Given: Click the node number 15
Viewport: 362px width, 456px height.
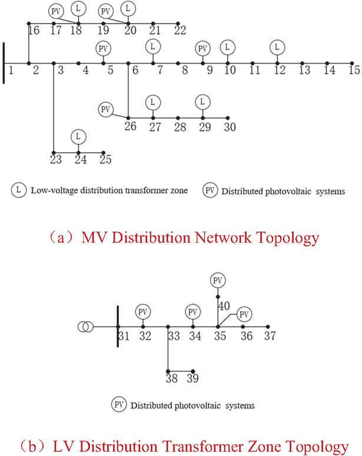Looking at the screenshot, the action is [354, 70].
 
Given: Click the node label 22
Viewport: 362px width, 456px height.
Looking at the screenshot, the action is [180, 30].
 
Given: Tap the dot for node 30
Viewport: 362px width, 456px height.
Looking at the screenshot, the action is [228, 118].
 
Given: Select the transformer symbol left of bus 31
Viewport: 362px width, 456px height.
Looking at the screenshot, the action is [86, 327].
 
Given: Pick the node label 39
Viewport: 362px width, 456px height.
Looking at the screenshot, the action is [192, 378].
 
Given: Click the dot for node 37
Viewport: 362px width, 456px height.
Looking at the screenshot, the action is [268, 327].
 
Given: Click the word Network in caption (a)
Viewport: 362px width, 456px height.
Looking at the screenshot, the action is [223, 237].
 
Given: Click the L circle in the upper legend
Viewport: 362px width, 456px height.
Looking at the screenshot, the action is [19, 190].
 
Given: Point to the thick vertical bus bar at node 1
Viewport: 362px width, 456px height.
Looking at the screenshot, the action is [4, 63].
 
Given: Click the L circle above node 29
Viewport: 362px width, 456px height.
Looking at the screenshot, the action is [203, 102].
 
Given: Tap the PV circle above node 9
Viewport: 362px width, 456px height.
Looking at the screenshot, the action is [203, 48].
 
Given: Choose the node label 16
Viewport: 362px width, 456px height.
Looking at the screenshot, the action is [34, 30].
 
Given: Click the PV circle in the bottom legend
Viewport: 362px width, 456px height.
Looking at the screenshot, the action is [119, 405].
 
